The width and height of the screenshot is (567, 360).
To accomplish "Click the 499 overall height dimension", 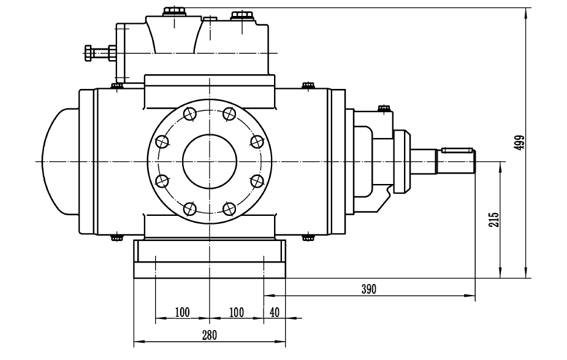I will coord(519,142).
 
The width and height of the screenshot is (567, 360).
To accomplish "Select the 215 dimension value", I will coord(494,220).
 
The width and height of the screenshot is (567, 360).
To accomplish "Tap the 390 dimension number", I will coord(368,289).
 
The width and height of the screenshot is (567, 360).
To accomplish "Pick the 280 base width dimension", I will coord(209,335).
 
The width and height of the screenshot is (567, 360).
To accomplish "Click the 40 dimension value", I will coord(274,312).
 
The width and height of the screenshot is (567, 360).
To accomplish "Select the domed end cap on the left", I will coord(58,161).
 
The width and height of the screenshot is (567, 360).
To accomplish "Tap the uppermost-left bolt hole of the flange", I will coord(189,113).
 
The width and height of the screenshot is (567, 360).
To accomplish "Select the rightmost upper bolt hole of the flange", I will coord(256,142).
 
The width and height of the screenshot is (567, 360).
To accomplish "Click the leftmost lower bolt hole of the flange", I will coord(162,181).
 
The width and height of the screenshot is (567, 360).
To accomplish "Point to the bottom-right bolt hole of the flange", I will coord(229,209).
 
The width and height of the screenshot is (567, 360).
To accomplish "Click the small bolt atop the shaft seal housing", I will coord(384,108).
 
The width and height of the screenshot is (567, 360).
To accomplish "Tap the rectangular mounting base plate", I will coord(210,259).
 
